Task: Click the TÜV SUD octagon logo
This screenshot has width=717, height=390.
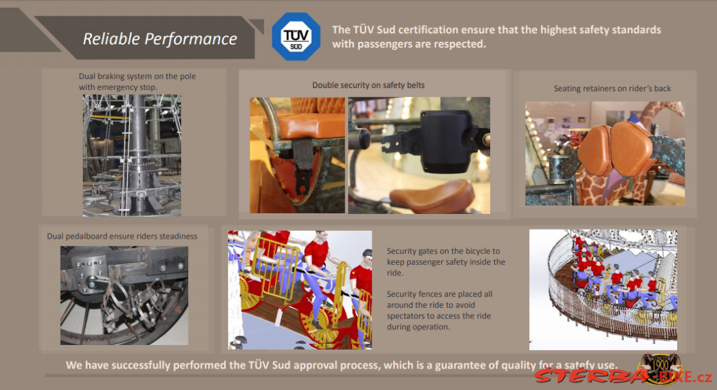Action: (296, 37)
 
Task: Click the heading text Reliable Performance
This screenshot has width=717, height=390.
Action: (160, 39)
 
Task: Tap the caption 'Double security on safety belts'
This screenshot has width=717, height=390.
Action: (368, 85)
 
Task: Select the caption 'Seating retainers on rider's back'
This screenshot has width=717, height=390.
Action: (612, 88)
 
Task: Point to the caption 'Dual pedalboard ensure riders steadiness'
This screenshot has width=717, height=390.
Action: (122, 236)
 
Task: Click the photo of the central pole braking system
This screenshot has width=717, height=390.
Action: (132, 155)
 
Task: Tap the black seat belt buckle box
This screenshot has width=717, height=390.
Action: (446, 142)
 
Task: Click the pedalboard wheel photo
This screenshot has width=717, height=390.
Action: (124, 295)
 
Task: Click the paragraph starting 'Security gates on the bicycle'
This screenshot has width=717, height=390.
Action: (446, 262)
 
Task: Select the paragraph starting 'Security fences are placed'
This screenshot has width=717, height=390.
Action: (439, 310)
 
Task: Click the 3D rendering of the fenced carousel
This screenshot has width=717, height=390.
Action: (603, 290)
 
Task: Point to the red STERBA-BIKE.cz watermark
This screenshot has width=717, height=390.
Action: (623, 376)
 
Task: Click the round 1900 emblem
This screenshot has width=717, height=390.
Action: (660, 367)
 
